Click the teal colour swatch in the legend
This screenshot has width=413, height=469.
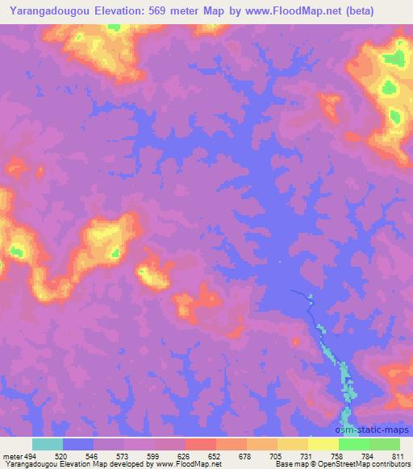(x=48, y=444)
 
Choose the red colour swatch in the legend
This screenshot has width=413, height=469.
(x=201, y=444)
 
